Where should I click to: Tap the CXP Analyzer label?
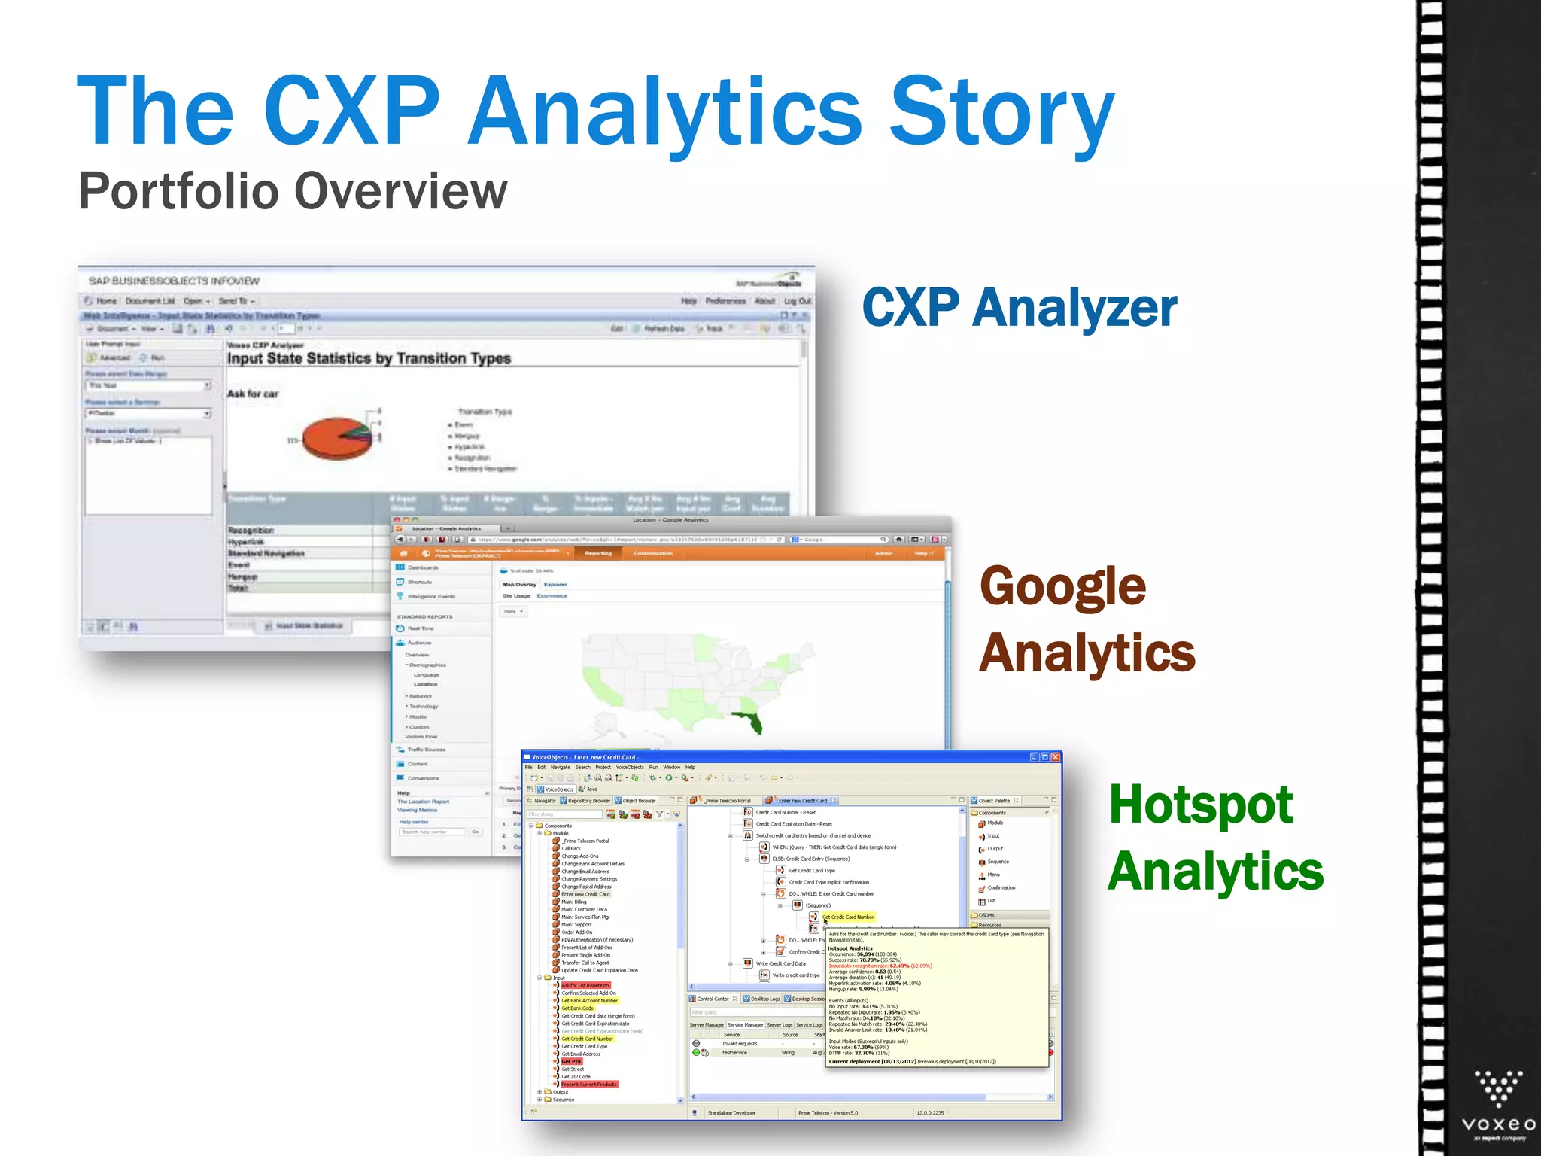1019,308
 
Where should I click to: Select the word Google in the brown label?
1062,586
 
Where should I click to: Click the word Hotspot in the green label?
1201,805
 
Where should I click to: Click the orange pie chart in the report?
337,438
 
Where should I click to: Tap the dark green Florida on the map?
751,722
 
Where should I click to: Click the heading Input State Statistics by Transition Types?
369,359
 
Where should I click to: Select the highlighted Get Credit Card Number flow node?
848,917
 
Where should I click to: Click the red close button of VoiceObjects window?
1056,757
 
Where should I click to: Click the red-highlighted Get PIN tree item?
571,1061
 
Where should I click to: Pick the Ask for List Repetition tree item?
585,985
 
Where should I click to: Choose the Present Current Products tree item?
588,1085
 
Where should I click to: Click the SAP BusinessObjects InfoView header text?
174,281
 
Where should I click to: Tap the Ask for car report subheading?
253,394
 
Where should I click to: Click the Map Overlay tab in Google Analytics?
519,584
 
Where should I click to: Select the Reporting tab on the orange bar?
598,553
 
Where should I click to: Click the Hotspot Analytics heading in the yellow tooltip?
850,948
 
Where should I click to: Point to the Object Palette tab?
994,801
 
